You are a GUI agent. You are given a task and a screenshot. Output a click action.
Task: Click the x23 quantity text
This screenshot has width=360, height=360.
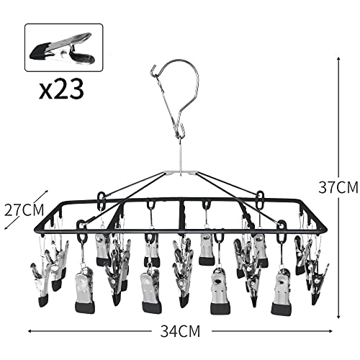[x=61, y=89]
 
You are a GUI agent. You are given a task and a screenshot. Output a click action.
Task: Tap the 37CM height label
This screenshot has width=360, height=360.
[x=338, y=187]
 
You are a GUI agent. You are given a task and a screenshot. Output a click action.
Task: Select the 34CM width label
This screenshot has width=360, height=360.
[x=180, y=331]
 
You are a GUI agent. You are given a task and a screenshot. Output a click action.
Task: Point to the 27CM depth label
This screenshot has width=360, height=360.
[x=24, y=210]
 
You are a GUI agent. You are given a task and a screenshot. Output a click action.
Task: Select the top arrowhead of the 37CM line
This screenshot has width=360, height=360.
[x=338, y=58]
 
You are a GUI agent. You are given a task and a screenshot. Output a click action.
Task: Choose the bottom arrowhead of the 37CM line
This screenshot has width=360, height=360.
[x=338, y=317]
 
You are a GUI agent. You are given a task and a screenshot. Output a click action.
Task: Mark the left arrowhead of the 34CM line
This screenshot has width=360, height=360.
[x=30, y=331]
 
